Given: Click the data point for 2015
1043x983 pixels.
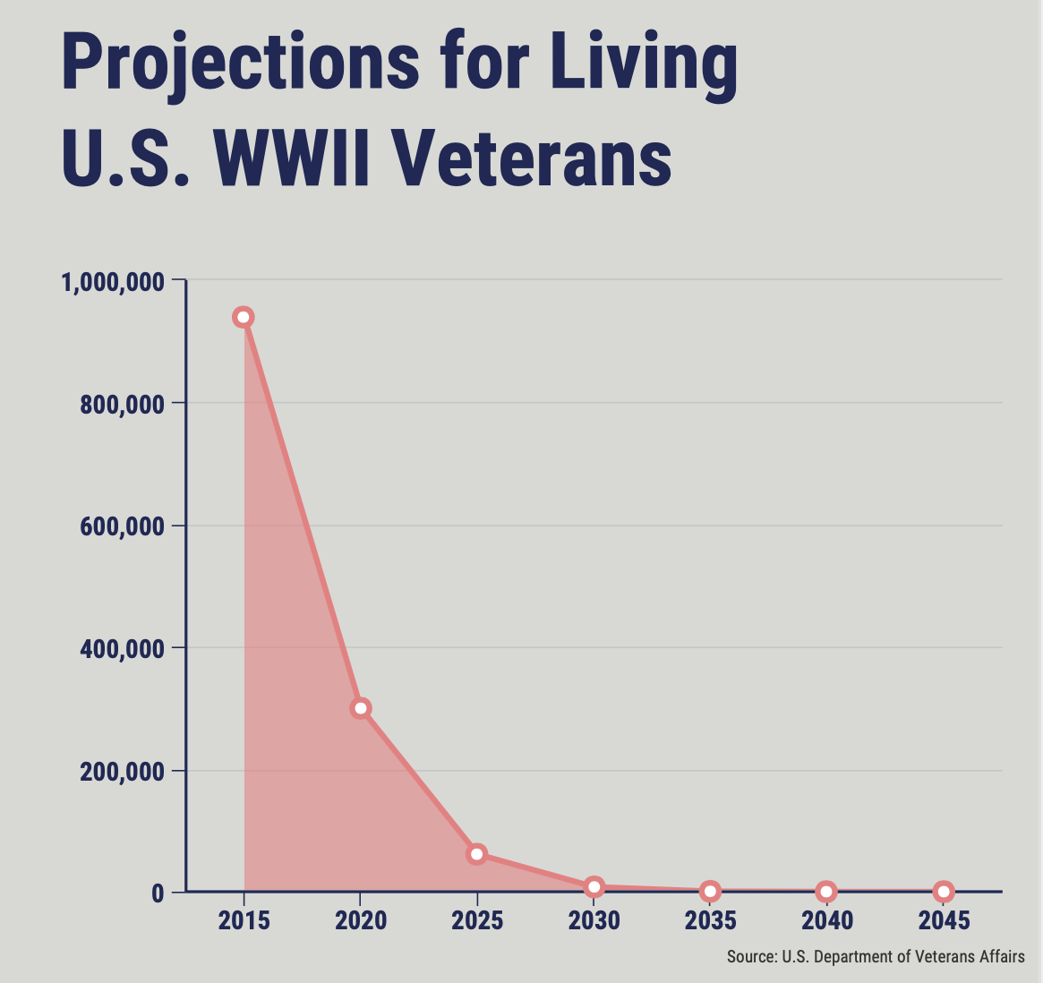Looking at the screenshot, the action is click(x=244, y=317).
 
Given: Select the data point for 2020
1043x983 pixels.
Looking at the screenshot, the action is click(x=361, y=707).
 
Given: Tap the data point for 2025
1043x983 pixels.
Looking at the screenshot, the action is click(x=477, y=854).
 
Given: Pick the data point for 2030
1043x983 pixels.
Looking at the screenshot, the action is click(x=594, y=886).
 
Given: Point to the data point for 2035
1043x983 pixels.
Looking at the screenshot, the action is click(x=711, y=891).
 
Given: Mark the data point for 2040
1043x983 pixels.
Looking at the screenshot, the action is click(x=827, y=891).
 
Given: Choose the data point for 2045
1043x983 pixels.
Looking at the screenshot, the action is click(x=944, y=891).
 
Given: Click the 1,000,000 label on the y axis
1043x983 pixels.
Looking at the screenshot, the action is click(x=113, y=282).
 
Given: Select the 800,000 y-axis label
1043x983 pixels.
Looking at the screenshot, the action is click(x=122, y=405).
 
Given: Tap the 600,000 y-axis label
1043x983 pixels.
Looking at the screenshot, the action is click(x=122, y=526).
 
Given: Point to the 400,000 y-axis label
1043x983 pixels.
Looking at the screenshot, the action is click(x=122, y=649).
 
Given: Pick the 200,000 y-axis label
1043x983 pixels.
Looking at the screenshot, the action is click(x=122, y=772).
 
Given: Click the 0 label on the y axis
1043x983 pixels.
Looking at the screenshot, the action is click(x=158, y=893).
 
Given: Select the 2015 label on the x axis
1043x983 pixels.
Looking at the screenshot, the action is click(x=244, y=920).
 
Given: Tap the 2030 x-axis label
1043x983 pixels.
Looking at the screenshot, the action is click(x=594, y=920).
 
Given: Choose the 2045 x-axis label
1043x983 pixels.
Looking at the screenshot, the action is click(x=944, y=920).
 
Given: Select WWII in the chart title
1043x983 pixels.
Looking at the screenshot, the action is click(x=291, y=158).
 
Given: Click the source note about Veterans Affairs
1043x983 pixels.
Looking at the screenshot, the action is click(x=876, y=956).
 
